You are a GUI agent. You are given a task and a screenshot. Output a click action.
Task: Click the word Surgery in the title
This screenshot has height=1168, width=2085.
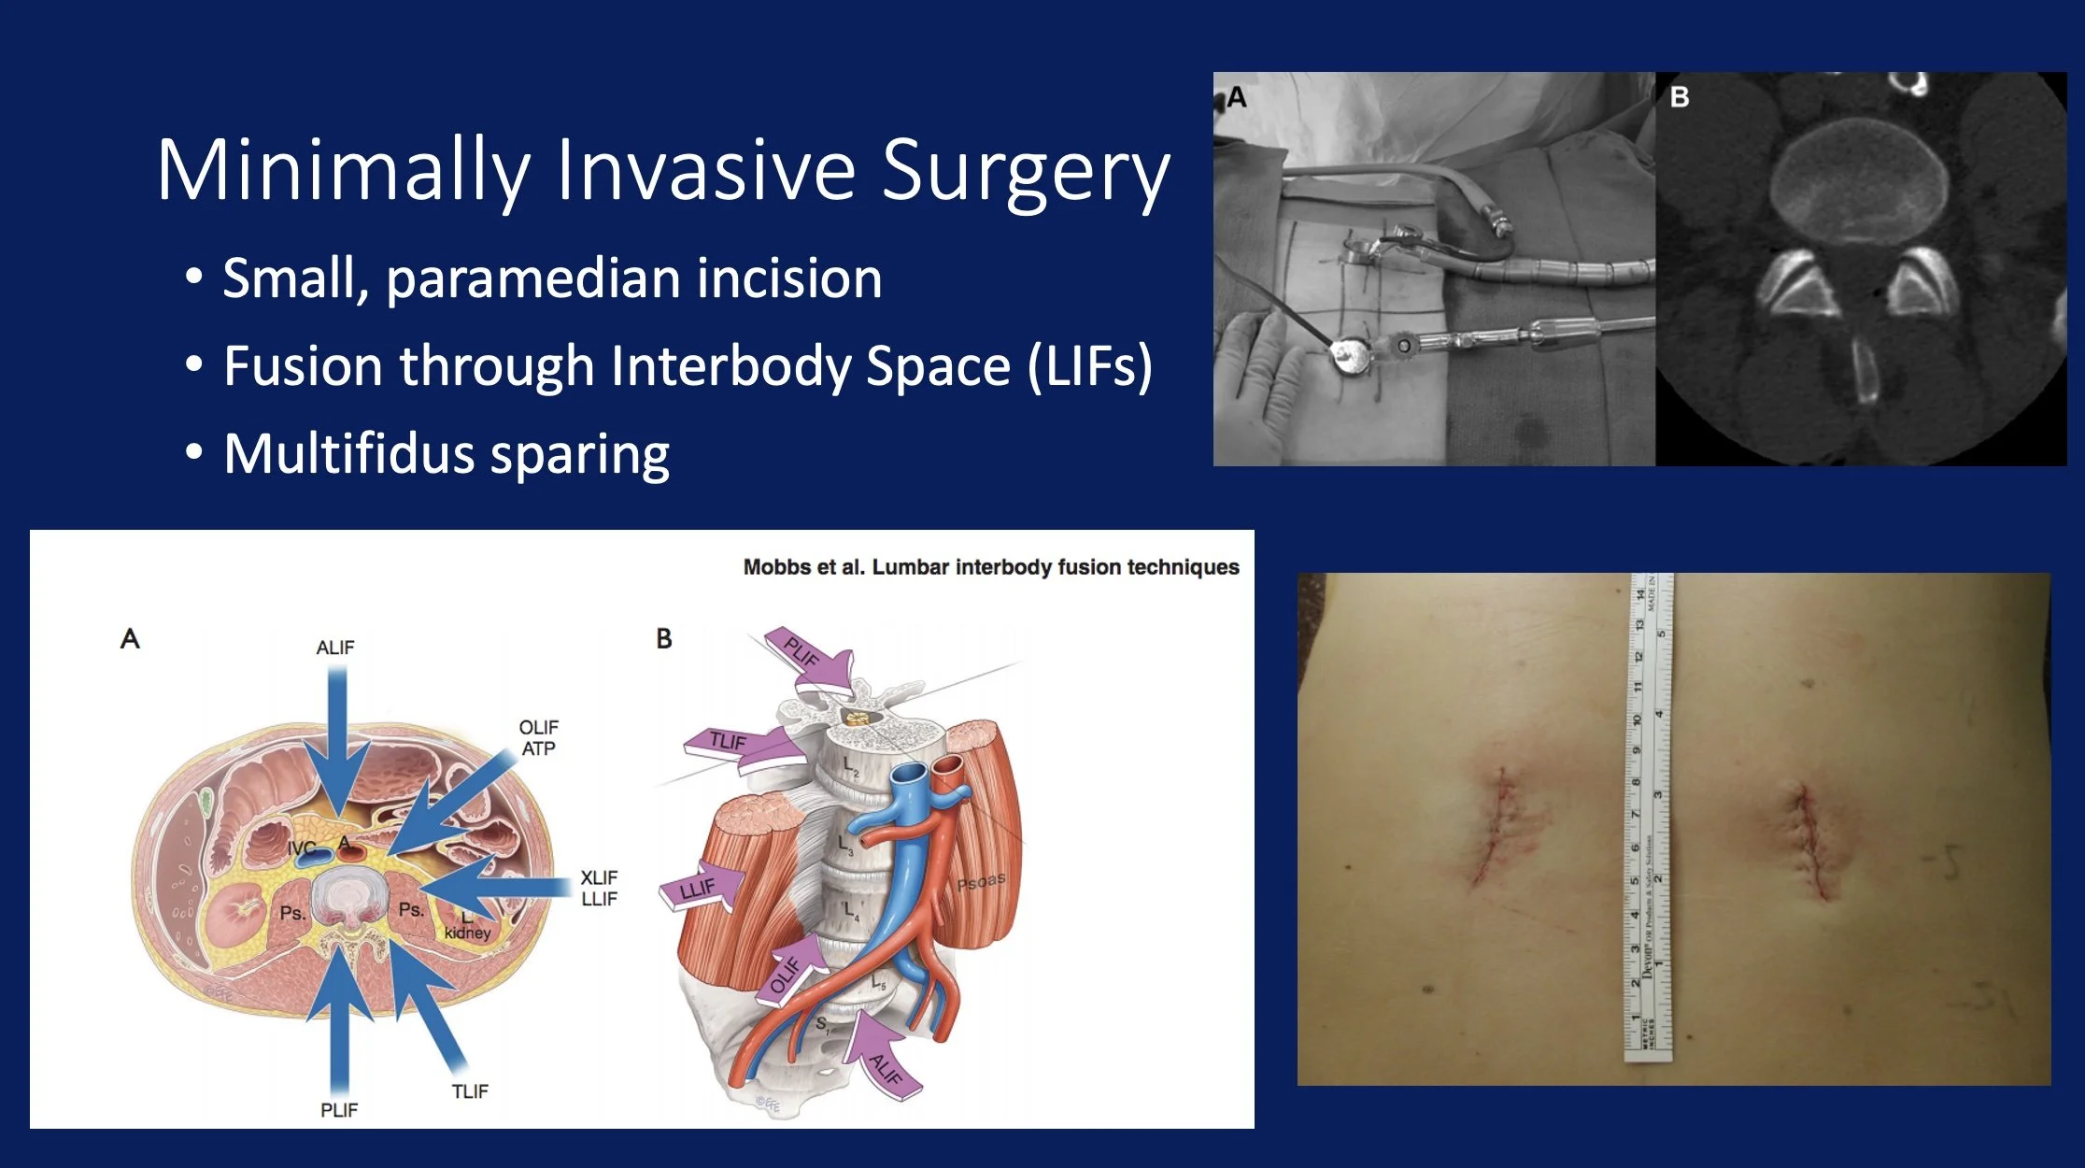(x=1025, y=172)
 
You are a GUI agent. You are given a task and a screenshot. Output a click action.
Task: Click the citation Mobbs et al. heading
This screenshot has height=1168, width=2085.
(x=990, y=567)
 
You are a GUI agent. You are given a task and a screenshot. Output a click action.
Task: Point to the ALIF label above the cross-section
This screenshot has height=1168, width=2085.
(x=335, y=648)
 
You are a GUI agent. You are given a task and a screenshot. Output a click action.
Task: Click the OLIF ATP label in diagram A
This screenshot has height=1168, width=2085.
(x=538, y=737)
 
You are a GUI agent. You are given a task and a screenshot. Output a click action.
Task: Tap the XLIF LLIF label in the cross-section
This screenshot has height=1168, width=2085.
(x=599, y=888)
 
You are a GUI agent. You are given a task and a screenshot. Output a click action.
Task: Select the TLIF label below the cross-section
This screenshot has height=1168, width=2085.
(x=470, y=1091)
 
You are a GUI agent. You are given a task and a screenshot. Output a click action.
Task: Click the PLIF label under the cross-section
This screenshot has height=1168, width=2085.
(x=338, y=1110)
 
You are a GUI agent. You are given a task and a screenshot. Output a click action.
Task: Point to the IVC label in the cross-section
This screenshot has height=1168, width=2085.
(x=301, y=848)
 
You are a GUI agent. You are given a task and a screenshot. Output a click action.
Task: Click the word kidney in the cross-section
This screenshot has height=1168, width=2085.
(x=467, y=933)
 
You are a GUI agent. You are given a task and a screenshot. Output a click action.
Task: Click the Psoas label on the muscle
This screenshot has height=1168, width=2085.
(x=981, y=881)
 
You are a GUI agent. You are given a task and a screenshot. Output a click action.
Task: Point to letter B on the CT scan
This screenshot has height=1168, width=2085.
(x=1679, y=97)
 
